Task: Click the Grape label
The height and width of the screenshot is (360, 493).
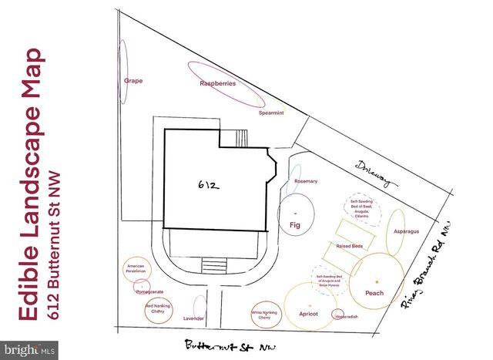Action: tap(134, 80)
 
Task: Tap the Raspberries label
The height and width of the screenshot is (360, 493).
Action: tap(217, 83)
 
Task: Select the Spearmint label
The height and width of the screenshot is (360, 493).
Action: tap(270, 113)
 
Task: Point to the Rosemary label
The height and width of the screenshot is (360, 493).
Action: tap(305, 181)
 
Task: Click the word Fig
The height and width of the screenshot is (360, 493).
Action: tap(293, 225)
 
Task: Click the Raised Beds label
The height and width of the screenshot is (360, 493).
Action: tap(349, 246)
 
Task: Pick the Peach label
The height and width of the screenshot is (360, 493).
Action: tap(374, 293)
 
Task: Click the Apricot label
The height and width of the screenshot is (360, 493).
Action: tap(308, 314)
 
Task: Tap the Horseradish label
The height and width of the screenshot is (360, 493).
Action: tap(344, 316)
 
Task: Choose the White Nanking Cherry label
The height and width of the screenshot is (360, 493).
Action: tap(264, 315)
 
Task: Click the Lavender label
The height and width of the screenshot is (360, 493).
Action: tap(193, 318)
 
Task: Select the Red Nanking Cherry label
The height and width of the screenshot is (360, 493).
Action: tap(158, 308)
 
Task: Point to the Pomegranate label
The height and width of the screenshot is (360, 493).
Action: tap(150, 292)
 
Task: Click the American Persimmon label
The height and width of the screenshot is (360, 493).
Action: tap(136, 269)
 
